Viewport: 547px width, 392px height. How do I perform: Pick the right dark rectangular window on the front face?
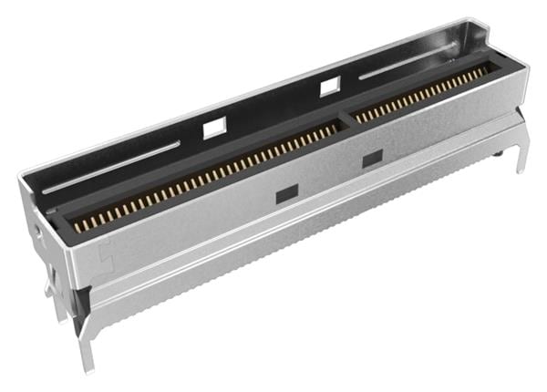(371, 160)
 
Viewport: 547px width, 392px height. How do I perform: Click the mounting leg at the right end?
(521, 150)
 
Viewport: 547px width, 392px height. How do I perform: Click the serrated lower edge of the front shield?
(301, 248)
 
